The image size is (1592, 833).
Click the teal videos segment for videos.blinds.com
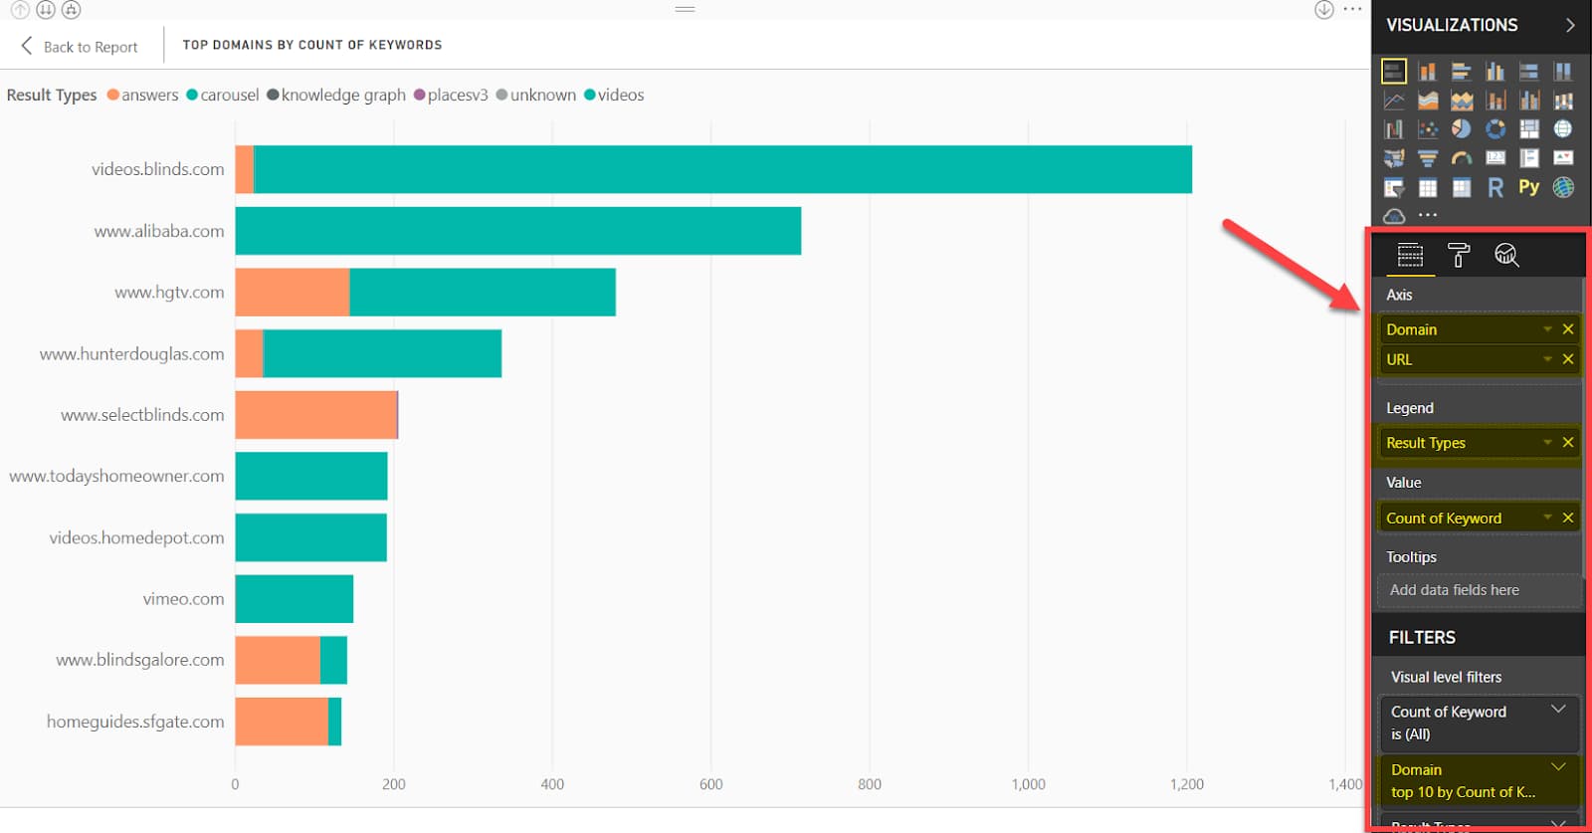pyautogui.click(x=722, y=169)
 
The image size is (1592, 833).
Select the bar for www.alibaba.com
pyautogui.click(x=517, y=231)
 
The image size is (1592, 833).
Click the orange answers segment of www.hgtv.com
pyautogui.click(x=293, y=293)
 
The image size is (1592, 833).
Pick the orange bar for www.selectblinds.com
pyautogui.click(x=315, y=415)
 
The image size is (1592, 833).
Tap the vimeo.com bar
pyautogui.click(x=294, y=599)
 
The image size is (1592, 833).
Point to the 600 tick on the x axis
pyautogui.click(x=710, y=784)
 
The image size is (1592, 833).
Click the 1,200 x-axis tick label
pyautogui.click(x=1186, y=784)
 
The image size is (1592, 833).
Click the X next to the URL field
pyautogui.click(x=1568, y=359)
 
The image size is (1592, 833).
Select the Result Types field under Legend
pyautogui.click(x=1426, y=443)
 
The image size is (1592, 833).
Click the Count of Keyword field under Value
pyautogui.click(x=1444, y=519)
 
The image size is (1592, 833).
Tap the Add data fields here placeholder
pyautogui.click(x=1454, y=590)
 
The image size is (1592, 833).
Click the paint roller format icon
pyautogui.click(x=1459, y=256)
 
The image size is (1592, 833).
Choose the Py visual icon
pyautogui.click(x=1528, y=187)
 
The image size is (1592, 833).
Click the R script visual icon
pyautogui.click(x=1494, y=187)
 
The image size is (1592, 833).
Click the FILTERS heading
pyautogui.click(x=1422, y=638)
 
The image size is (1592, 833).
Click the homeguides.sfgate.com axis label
pyautogui.click(x=135, y=722)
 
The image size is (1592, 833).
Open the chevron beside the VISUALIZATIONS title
pyautogui.click(x=1570, y=25)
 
